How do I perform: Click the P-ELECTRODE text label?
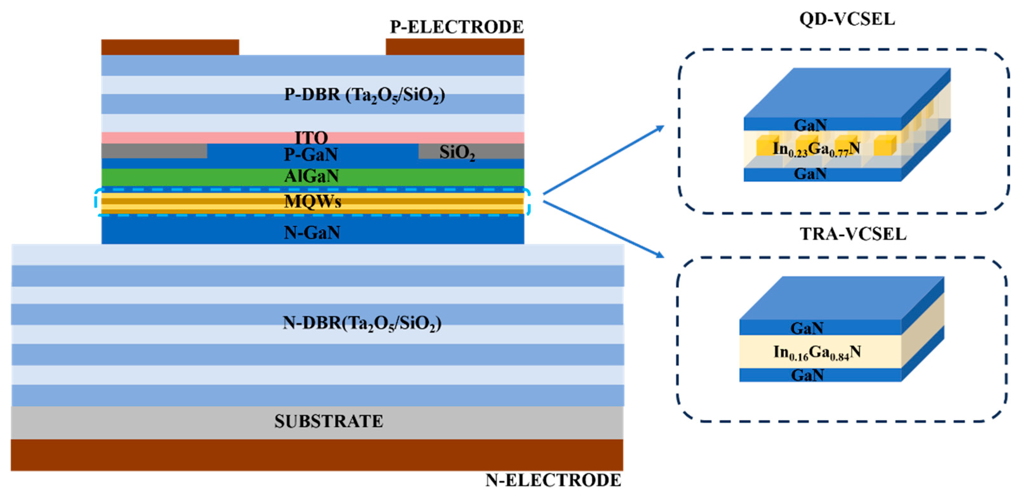[x=457, y=27]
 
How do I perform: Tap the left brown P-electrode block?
[x=170, y=47]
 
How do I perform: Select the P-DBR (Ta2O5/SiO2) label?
[x=364, y=96]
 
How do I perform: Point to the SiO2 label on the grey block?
[x=457, y=152]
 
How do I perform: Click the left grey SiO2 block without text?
[x=154, y=151]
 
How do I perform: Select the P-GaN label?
[x=311, y=154]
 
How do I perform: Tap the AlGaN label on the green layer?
[x=311, y=176]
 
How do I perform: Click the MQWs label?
[x=312, y=202]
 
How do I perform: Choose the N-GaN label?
[x=312, y=233]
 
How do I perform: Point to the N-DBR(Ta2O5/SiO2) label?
[x=362, y=323]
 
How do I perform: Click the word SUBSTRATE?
[x=329, y=422]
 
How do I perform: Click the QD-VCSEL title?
[x=847, y=19]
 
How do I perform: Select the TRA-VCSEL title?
[x=853, y=234]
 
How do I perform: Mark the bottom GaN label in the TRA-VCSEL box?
[x=807, y=375]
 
